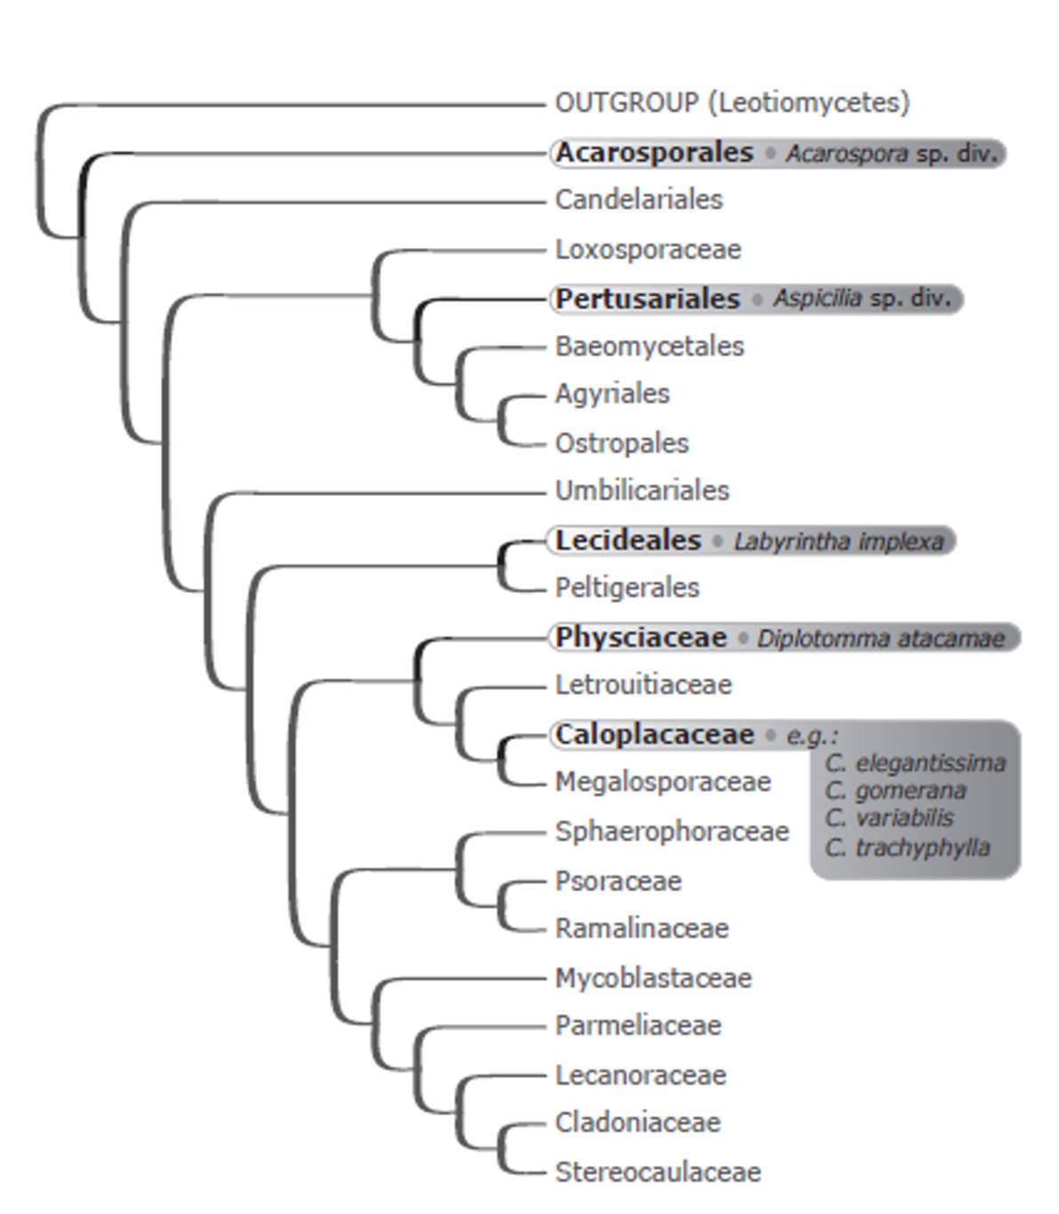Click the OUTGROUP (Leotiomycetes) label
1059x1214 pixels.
point(732,103)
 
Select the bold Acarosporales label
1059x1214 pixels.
point(654,153)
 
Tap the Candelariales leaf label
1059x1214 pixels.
point(639,200)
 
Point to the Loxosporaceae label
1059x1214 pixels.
point(648,250)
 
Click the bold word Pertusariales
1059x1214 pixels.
point(648,299)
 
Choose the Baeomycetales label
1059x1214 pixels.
point(649,347)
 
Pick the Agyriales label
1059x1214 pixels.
point(612,394)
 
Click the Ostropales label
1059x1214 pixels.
point(622,443)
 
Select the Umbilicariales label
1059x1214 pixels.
point(641,491)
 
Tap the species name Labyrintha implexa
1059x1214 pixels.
point(838,541)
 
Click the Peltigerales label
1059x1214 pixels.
point(627,587)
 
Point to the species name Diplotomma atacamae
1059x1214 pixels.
point(880,638)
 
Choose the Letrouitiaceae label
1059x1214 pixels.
point(643,685)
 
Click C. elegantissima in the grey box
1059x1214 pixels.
point(915,763)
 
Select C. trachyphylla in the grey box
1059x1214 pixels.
point(907,848)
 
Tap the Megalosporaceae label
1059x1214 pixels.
point(663,782)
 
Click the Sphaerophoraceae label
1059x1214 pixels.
point(672,832)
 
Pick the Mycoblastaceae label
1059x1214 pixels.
point(653,978)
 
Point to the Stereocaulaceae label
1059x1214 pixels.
point(657,1172)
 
